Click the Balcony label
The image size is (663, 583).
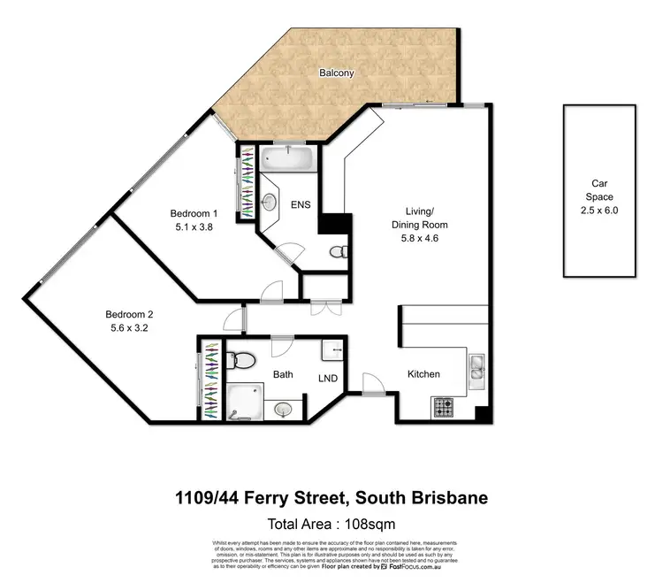click(336, 73)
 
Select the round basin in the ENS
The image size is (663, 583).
click(269, 202)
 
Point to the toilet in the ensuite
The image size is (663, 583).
click(337, 253)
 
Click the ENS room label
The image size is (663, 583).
click(301, 204)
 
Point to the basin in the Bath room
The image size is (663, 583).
click(283, 409)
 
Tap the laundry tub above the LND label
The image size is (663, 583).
click(334, 352)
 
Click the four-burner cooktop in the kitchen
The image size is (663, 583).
click(442, 407)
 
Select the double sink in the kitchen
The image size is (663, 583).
click(476, 368)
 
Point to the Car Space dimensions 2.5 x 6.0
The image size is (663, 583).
click(600, 211)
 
